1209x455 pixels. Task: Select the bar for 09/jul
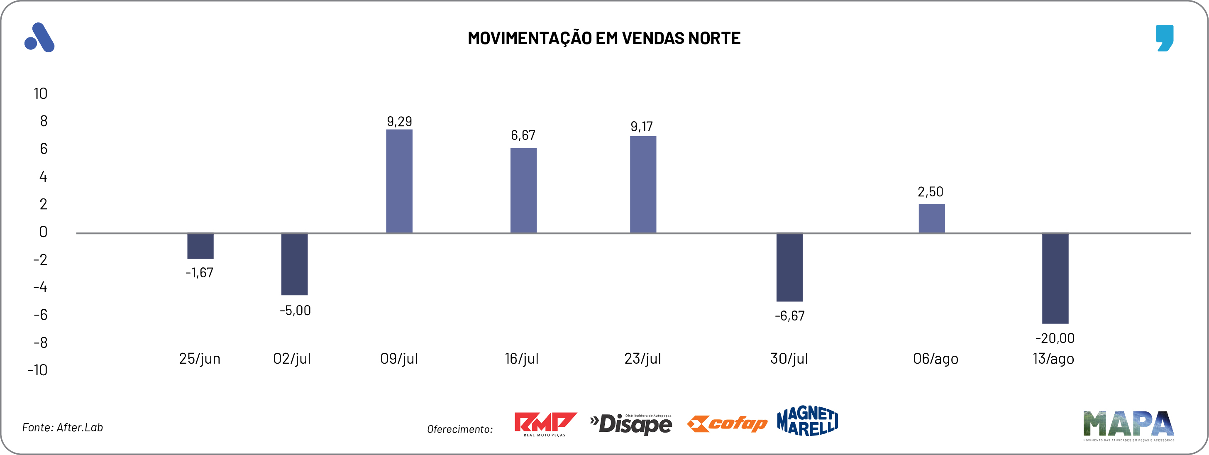pyautogui.click(x=399, y=181)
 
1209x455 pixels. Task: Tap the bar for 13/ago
pyautogui.click(x=1055, y=278)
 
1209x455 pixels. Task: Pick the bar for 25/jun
pyautogui.click(x=200, y=246)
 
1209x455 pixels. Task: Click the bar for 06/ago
pyautogui.click(x=931, y=218)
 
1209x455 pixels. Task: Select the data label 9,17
pyautogui.click(x=642, y=126)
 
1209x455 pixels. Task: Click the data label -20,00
pyautogui.click(x=1055, y=338)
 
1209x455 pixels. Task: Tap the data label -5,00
pyautogui.click(x=295, y=311)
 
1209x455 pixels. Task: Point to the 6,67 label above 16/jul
pyautogui.click(x=523, y=135)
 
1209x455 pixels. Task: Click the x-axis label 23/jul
pyautogui.click(x=642, y=359)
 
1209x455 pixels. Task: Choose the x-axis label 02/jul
pyautogui.click(x=292, y=359)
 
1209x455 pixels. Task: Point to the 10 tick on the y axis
pyautogui.click(x=40, y=93)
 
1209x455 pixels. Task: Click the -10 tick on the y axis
pyautogui.click(x=37, y=370)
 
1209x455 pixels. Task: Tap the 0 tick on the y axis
pyautogui.click(x=43, y=232)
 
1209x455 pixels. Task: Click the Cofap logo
pyautogui.click(x=727, y=423)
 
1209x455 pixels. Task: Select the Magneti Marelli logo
pyautogui.click(x=807, y=421)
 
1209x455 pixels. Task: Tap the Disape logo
pyautogui.click(x=631, y=424)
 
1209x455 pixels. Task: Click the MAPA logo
pyautogui.click(x=1128, y=425)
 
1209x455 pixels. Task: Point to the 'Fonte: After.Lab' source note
pyautogui.click(x=62, y=427)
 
